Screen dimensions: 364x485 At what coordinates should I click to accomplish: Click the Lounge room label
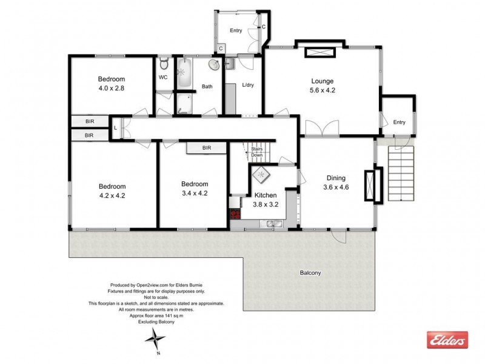pyautogui.click(x=323, y=81)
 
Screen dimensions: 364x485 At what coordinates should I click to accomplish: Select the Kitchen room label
pyautogui.click(x=265, y=195)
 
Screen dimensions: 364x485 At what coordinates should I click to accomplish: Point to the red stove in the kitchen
pyautogui.click(x=233, y=214)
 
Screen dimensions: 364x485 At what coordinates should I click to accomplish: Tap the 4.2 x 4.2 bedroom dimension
pyautogui.click(x=112, y=195)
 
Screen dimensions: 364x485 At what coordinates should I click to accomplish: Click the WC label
pyautogui.click(x=163, y=78)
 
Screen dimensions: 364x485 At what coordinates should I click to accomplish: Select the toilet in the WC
pyautogui.click(x=163, y=64)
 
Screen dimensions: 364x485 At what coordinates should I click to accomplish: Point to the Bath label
pyautogui.click(x=207, y=87)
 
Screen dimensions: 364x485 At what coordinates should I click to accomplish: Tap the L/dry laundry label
pyautogui.click(x=247, y=85)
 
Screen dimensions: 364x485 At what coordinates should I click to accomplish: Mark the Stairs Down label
pyautogui.click(x=257, y=152)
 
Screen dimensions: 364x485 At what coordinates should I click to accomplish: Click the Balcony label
pyautogui.click(x=310, y=273)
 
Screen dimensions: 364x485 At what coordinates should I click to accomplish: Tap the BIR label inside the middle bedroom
pyautogui.click(x=206, y=147)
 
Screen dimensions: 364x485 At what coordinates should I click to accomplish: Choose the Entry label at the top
pyautogui.click(x=236, y=31)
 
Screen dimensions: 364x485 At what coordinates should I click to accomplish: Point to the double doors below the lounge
pyautogui.click(x=322, y=129)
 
